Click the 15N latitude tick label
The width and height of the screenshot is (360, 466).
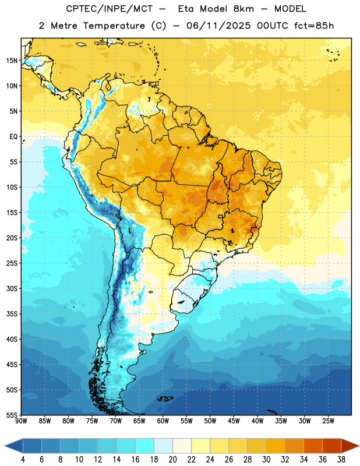click(12, 61)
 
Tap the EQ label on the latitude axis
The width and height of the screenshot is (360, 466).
click(13, 137)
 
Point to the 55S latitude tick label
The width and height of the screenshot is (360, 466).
click(12, 415)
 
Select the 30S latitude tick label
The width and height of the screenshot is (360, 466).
click(12, 288)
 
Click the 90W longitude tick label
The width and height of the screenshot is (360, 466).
click(21, 421)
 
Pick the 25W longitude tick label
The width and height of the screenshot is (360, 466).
click(328, 421)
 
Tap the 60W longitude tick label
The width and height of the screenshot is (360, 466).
click(163, 421)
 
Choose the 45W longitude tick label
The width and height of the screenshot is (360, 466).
click(234, 421)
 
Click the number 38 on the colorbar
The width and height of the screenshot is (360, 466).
click(341, 460)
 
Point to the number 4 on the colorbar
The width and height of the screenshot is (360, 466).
click(23, 460)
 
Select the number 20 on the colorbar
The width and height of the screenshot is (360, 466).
click(172, 460)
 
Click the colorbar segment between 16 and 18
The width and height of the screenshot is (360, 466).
click(145, 446)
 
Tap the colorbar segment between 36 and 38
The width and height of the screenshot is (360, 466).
click(332, 446)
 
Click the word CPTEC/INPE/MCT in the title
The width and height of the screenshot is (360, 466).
click(110, 9)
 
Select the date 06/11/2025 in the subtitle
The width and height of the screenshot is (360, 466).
click(218, 26)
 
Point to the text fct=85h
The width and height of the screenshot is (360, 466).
click(314, 26)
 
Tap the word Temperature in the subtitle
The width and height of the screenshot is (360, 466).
click(114, 26)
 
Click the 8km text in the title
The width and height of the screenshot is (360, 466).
click(243, 9)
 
